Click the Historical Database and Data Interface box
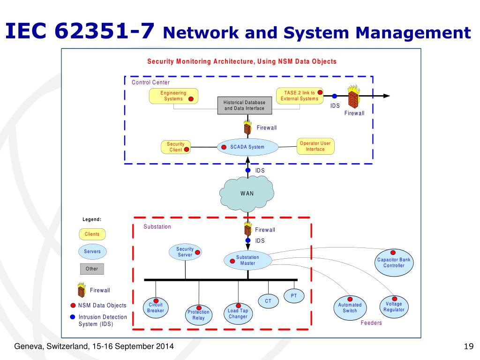(245, 105)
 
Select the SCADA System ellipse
(247, 147)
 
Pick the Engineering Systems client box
(173, 96)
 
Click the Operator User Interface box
(315, 146)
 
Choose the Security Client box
(176, 147)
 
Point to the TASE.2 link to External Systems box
(300, 96)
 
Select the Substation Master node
(247, 261)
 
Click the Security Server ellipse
(185, 252)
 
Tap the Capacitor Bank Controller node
(394, 262)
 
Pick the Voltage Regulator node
(394, 307)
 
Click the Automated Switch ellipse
(350, 308)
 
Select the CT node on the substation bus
(268, 301)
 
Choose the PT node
(293, 296)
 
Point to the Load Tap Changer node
(238, 314)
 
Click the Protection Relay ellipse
(198, 315)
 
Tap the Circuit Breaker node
(156, 307)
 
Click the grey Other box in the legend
(92, 269)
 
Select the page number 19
(469, 346)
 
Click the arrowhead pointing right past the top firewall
(387, 96)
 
